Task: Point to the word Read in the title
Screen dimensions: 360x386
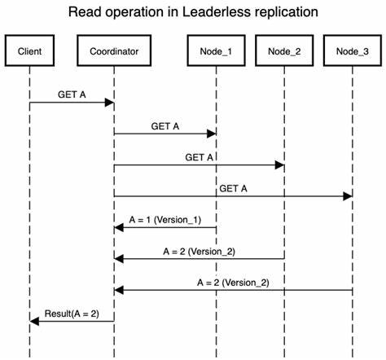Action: [86, 12]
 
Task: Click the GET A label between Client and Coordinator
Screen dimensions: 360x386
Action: [72, 94]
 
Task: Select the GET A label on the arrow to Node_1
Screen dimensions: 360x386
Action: [165, 126]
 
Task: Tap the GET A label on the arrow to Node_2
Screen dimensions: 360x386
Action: [200, 157]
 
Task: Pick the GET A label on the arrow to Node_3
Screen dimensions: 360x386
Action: [233, 188]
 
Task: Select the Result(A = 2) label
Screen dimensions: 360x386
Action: [72, 313]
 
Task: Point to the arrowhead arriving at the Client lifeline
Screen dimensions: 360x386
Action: [34, 321]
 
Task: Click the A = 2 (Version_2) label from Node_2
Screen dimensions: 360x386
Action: [200, 251]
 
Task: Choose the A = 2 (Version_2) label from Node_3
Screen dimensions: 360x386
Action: [234, 282]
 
